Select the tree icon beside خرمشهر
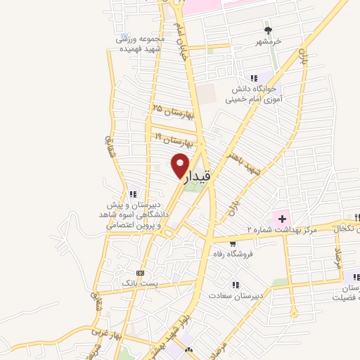[x=268, y=30]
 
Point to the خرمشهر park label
[x=268, y=42]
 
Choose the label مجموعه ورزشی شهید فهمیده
[x=140, y=43]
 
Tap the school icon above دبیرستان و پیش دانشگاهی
[x=132, y=194]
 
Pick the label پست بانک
[x=136, y=282]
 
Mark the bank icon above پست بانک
[x=139, y=272]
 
